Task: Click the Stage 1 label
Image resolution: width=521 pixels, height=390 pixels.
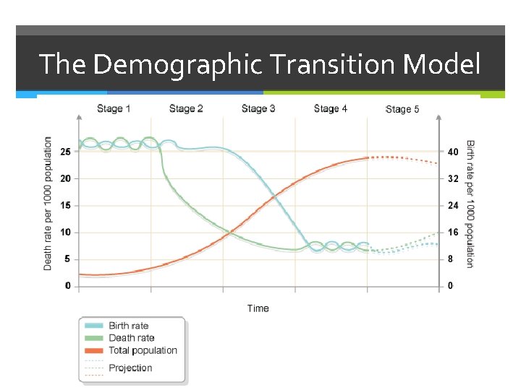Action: [114, 109]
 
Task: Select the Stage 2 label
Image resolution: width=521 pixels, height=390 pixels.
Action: [186, 109]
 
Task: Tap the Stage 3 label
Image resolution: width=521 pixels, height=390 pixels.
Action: [258, 109]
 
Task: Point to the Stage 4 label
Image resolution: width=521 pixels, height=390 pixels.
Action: [331, 109]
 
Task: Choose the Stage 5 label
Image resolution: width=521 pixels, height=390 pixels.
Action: [403, 110]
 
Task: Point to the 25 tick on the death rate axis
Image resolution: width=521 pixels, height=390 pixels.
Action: [66, 152]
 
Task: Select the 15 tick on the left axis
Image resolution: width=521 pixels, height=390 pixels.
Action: [66, 205]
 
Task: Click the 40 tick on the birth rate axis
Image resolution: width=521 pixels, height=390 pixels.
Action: [453, 152]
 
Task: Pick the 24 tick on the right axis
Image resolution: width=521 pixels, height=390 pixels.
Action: [453, 205]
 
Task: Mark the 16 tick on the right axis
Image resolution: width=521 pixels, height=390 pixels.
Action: [453, 233]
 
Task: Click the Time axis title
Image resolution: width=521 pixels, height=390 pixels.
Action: [258, 308]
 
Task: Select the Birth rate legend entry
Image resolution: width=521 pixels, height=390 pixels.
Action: [128, 326]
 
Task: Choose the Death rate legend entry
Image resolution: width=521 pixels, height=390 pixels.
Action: [131, 338]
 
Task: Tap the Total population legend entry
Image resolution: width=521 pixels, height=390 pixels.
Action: [143, 350]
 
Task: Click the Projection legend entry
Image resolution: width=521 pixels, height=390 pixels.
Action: [130, 368]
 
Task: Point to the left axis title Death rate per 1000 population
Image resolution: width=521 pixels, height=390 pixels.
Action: [48, 204]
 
